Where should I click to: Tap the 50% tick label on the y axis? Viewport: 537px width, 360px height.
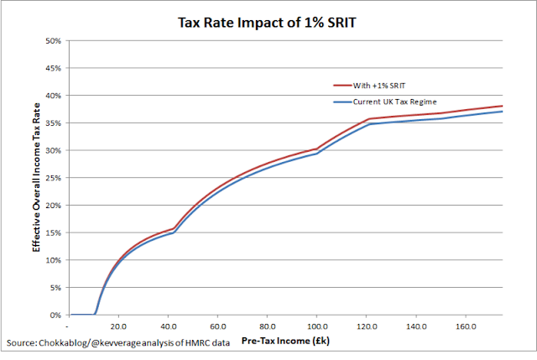point(53,40)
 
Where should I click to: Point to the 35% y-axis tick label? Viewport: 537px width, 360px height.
point(53,123)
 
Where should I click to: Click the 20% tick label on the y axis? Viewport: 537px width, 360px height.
point(53,205)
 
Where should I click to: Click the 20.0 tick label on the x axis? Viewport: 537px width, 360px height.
point(118,326)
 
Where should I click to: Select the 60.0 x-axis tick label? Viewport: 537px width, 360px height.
point(218,326)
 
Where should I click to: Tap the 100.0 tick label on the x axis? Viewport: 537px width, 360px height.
point(316,326)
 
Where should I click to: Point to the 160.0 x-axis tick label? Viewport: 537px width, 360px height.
point(467,326)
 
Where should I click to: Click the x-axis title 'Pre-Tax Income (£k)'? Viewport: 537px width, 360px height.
point(284,343)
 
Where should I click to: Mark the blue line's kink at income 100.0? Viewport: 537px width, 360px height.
point(316,154)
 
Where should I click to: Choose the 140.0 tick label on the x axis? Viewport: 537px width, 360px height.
point(416,326)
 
